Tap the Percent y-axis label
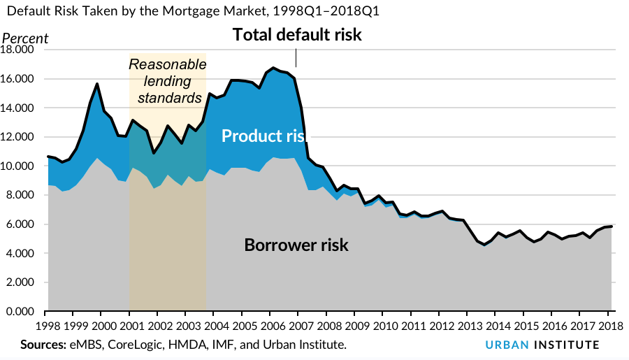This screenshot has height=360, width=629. (x=26, y=38)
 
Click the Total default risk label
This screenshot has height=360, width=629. (x=297, y=34)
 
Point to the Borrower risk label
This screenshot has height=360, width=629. (x=296, y=245)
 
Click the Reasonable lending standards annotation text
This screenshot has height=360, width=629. (x=168, y=81)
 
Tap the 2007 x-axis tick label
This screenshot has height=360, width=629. (x=298, y=326)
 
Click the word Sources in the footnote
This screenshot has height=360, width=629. (x=43, y=345)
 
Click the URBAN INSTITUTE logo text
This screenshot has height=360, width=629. (x=542, y=345)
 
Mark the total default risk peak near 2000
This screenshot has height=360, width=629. (x=97, y=84)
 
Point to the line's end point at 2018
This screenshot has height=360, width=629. (x=612, y=226)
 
